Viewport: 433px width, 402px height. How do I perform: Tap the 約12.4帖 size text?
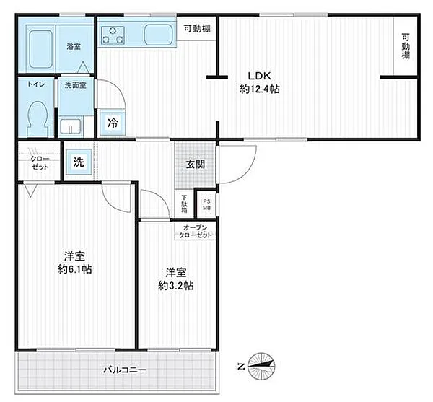coord(260,89)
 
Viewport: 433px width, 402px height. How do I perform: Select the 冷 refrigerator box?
coord(114,123)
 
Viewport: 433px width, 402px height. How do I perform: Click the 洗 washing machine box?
coord(78,162)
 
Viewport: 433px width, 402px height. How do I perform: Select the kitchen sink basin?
coord(157,34)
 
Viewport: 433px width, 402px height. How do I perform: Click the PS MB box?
coord(206,204)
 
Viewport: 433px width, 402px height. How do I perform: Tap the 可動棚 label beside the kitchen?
coord(196,28)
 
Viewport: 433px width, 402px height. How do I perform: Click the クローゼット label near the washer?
coord(40,163)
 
